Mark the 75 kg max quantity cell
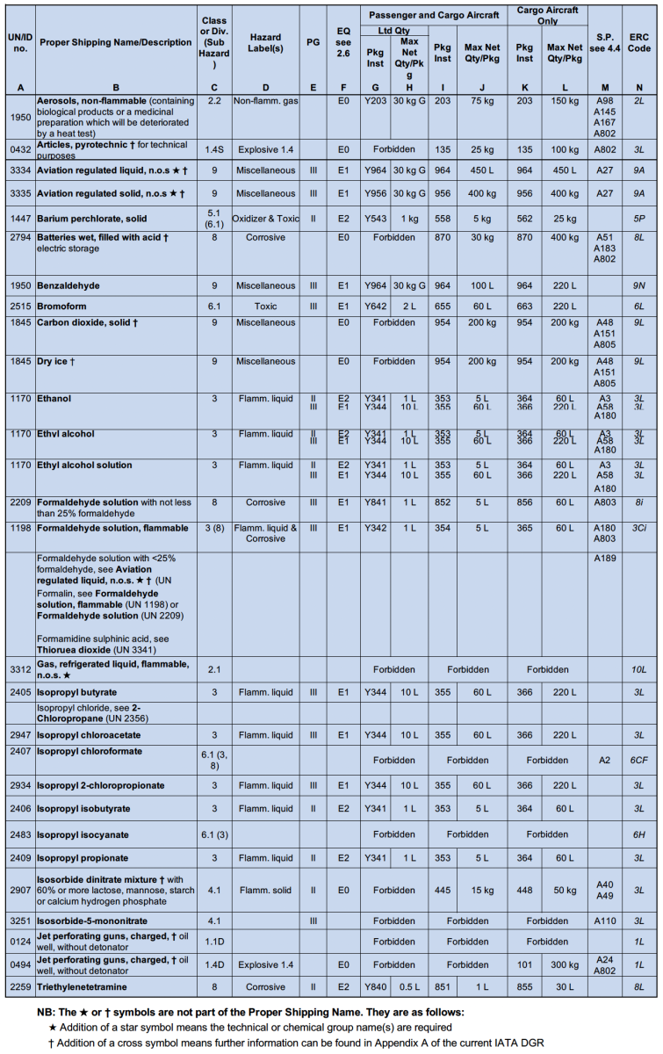(482, 102)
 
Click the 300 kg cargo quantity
(563, 964)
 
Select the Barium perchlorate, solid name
(91, 219)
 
